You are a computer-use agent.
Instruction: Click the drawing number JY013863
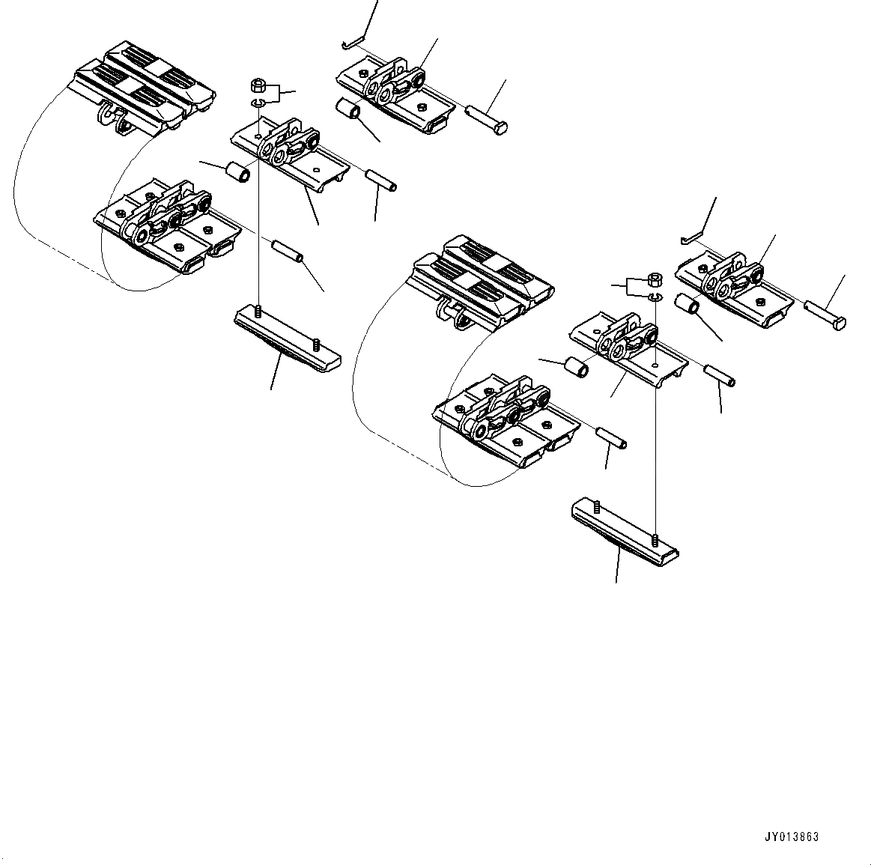(792, 837)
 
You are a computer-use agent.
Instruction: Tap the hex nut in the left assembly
(256, 84)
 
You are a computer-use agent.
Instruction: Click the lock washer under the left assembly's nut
(257, 103)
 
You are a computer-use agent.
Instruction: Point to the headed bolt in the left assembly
(487, 120)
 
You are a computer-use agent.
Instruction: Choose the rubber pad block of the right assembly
(483, 282)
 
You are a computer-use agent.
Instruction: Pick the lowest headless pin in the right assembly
(612, 438)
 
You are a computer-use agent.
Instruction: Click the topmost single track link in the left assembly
(395, 94)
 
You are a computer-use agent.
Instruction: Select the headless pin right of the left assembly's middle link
(381, 180)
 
